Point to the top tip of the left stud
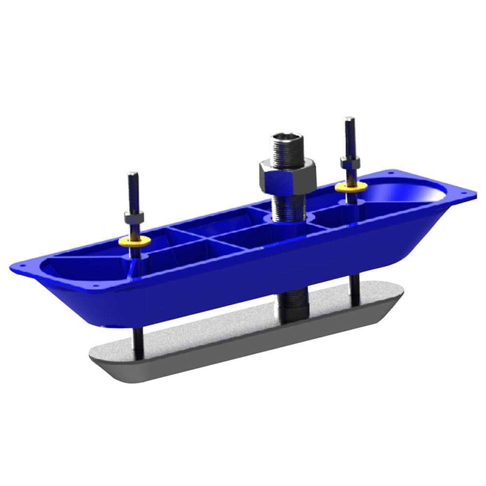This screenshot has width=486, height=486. (x=133, y=174)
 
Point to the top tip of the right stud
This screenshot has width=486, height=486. (x=348, y=119)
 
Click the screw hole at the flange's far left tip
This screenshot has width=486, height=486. (x=18, y=267)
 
